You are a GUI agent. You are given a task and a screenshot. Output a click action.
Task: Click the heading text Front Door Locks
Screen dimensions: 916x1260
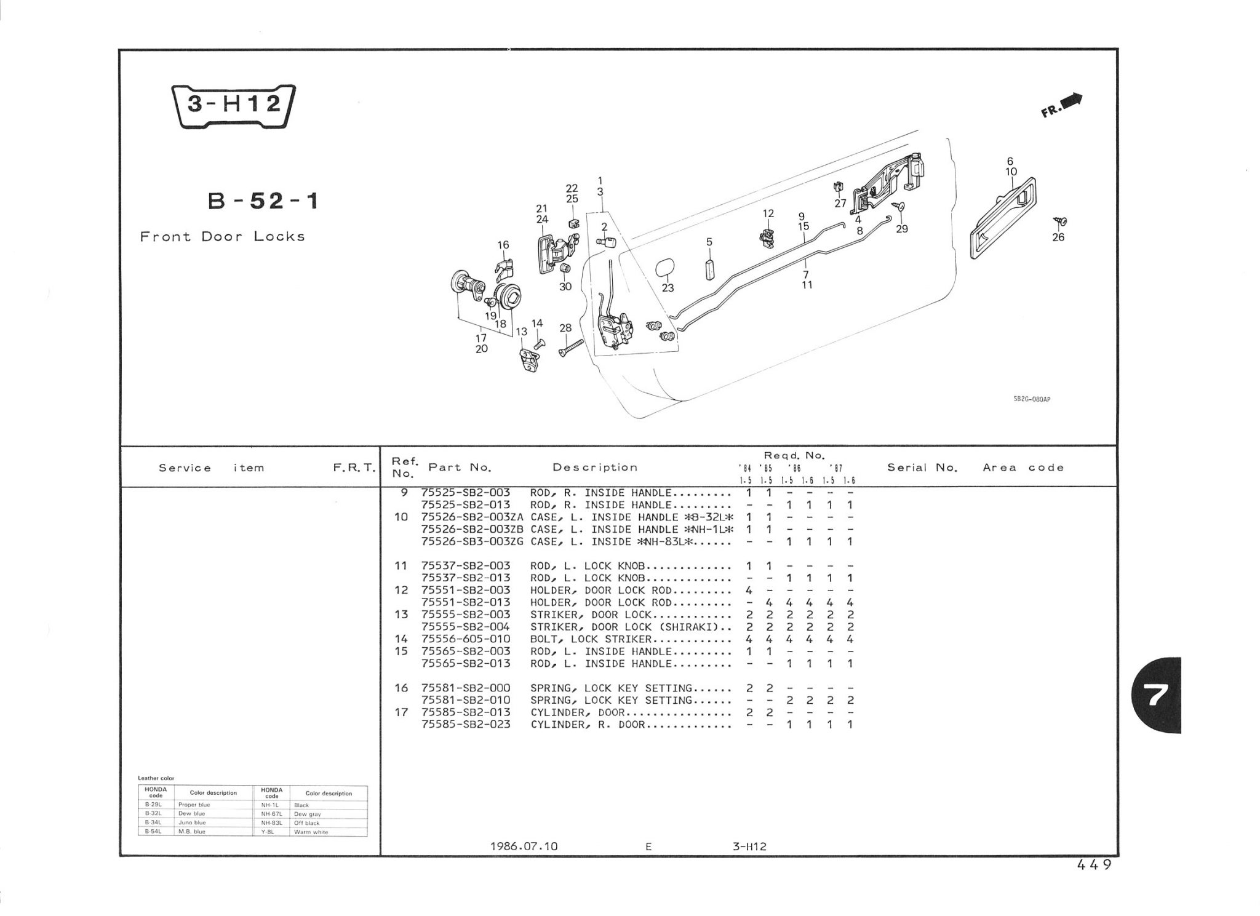pos(222,237)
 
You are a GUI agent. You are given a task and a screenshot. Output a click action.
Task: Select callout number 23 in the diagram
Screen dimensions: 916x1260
pos(668,288)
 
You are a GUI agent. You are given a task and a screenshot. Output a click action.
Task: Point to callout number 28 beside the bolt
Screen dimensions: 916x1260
pos(565,329)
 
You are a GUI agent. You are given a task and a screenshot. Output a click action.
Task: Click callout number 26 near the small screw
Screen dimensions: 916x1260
pos(1058,237)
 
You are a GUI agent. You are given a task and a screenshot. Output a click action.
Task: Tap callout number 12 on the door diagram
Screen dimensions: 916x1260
pos(768,213)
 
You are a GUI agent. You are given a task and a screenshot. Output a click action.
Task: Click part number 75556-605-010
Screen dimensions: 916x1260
pos(466,639)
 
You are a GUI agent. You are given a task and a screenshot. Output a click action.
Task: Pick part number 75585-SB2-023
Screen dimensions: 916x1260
pos(466,725)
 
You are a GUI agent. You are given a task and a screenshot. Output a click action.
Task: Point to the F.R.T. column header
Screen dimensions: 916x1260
pos(354,468)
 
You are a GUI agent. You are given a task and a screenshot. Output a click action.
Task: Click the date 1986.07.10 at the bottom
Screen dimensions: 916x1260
pos(524,846)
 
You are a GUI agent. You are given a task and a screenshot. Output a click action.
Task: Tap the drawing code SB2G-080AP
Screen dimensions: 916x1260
pos(1031,400)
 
